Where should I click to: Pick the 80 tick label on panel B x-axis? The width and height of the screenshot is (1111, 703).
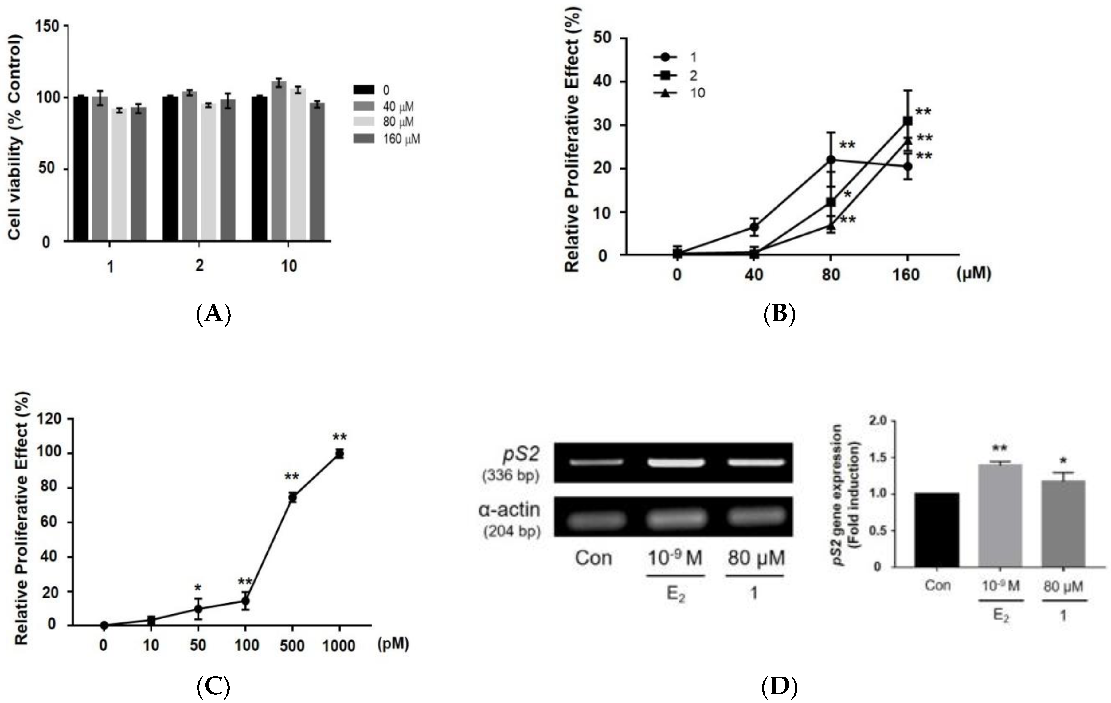point(831,275)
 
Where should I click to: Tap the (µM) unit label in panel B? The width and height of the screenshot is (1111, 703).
point(973,274)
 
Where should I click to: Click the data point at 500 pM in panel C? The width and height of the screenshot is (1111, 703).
point(292,497)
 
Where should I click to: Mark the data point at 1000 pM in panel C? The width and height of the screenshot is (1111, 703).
point(340,453)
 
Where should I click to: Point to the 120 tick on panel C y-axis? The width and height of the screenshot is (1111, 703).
point(51,419)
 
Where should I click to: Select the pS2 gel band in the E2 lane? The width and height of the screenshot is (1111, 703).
point(675,462)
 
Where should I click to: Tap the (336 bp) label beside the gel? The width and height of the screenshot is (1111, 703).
point(510,475)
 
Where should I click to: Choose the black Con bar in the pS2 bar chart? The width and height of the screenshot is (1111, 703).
point(937,530)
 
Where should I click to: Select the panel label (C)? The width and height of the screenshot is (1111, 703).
point(213,687)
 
